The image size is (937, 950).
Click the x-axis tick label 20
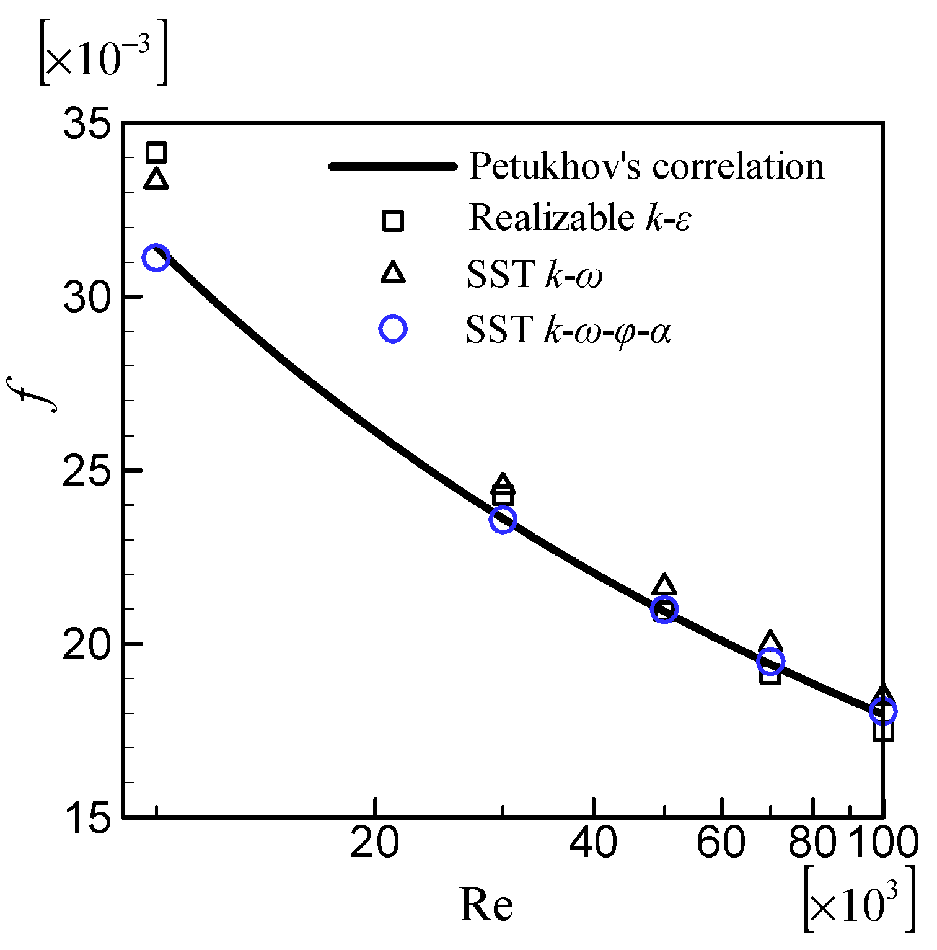tap(374, 843)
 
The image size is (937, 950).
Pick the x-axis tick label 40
tap(594, 843)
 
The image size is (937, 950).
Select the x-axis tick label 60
tap(721, 843)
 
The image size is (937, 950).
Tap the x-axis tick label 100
tap(882, 843)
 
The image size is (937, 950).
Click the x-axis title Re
tap(486, 905)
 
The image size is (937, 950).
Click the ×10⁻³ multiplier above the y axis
tap(103, 53)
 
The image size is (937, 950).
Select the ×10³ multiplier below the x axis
tap(859, 899)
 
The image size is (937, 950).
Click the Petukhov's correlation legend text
tap(646, 166)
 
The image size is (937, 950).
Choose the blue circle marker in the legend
tap(393, 329)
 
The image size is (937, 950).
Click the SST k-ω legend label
tap(534, 274)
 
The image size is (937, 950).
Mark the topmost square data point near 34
tap(156, 152)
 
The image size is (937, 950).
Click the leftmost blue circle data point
tap(156, 257)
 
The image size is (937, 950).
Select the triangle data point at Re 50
tap(664, 585)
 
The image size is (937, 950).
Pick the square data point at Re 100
tap(882, 731)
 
